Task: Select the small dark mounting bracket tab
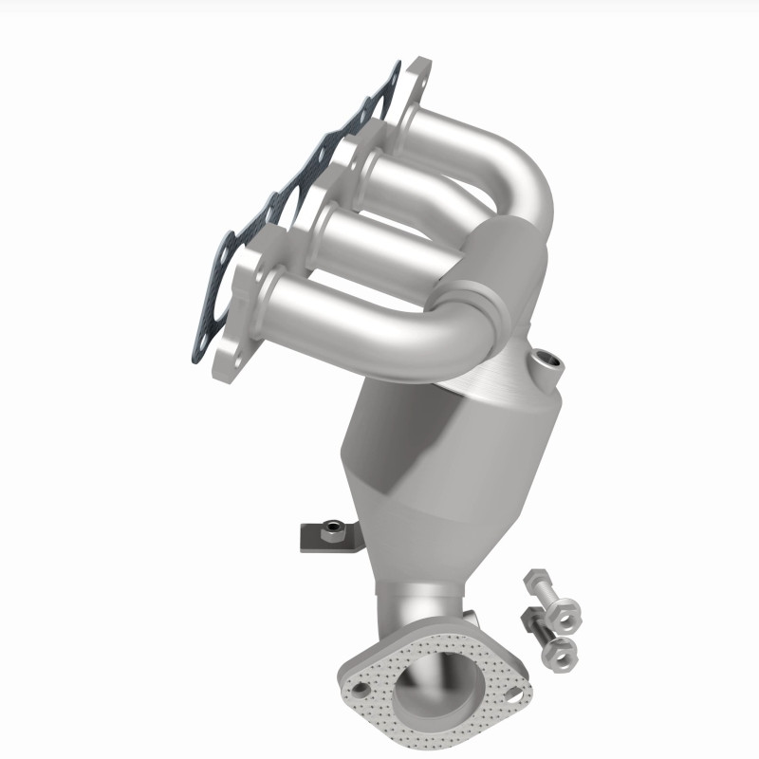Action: [314, 540]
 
